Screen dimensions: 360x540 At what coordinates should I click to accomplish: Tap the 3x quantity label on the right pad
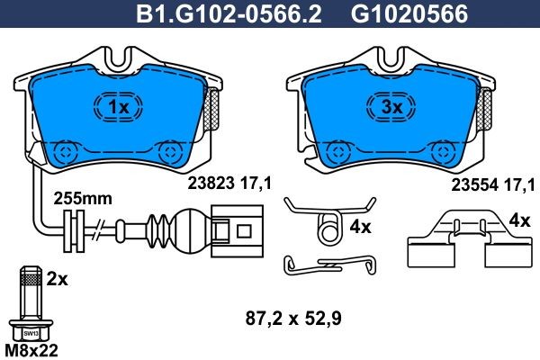click(x=391, y=108)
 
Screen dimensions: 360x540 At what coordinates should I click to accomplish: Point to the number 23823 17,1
click(x=229, y=184)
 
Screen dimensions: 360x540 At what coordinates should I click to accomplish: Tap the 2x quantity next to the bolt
click(x=58, y=280)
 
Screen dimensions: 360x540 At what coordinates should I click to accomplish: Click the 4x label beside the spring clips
click(x=361, y=228)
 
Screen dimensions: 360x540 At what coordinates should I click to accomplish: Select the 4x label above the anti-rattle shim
click(x=519, y=220)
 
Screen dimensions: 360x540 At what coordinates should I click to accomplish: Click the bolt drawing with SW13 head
click(x=30, y=301)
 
